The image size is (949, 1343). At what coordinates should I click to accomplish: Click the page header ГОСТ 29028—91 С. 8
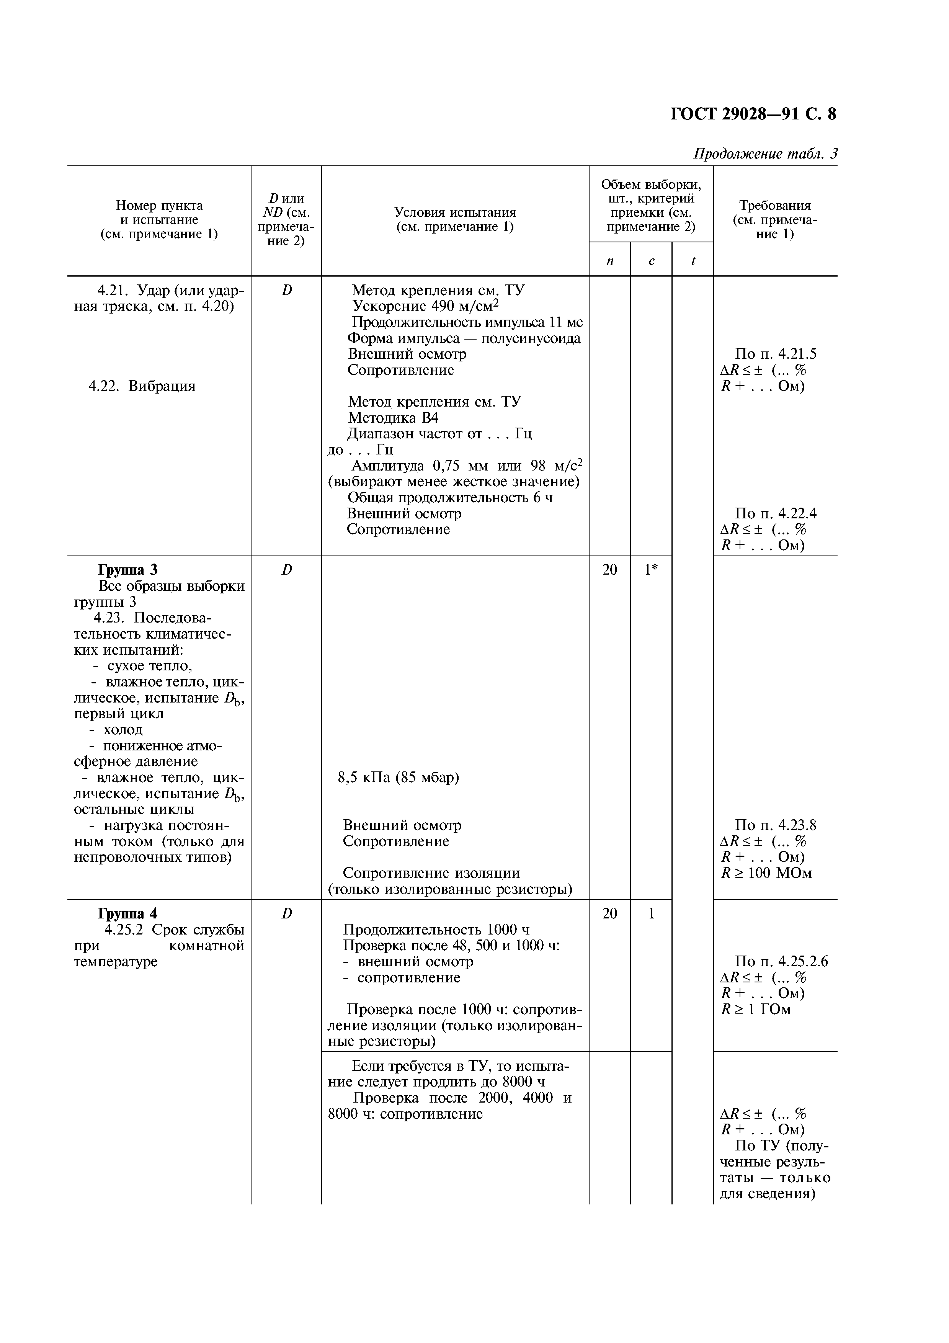pos(753,113)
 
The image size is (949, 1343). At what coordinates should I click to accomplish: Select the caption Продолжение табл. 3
pos(765,154)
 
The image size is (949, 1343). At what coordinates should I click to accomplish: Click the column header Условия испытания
pos(454,219)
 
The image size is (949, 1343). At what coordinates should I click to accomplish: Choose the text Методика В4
pos(393,418)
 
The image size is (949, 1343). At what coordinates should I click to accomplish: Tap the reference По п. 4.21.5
pos(775,354)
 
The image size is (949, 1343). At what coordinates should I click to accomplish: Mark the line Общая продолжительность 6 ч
pos(450,497)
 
